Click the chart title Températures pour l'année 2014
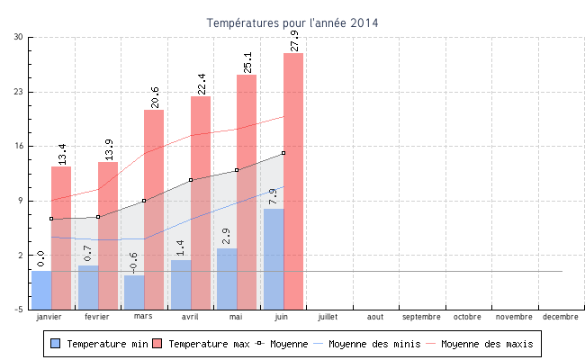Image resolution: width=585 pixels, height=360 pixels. [x=292, y=22]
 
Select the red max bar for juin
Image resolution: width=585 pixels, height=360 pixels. [x=293, y=180]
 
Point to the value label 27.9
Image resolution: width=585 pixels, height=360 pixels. [x=294, y=41]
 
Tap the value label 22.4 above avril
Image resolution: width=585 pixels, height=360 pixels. [x=202, y=84]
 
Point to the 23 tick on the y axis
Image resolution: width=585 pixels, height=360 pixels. [x=19, y=92]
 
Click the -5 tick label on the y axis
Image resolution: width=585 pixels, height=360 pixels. [x=19, y=310]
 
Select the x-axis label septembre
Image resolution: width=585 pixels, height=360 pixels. [x=421, y=317]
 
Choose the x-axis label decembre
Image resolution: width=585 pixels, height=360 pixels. [x=561, y=317]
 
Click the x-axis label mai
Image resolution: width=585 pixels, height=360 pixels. [x=236, y=317]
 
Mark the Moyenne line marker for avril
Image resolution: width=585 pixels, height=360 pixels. [x=191, y=180]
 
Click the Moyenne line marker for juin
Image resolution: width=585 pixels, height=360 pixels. [x=283, y=153]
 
